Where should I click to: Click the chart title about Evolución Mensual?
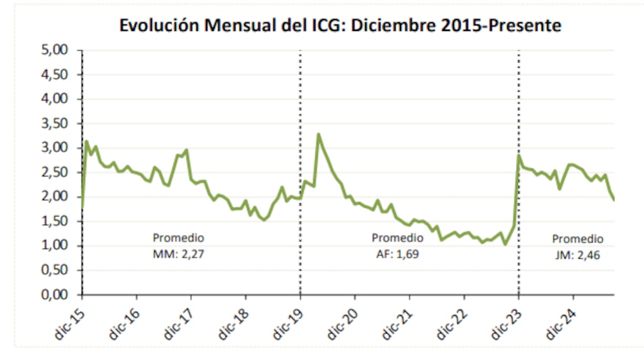click(x=341, y=26)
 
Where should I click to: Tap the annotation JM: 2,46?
click(x=578, y=254)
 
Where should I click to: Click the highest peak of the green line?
click(x=318, y=134)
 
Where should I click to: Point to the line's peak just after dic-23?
click(x=519, y=155)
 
